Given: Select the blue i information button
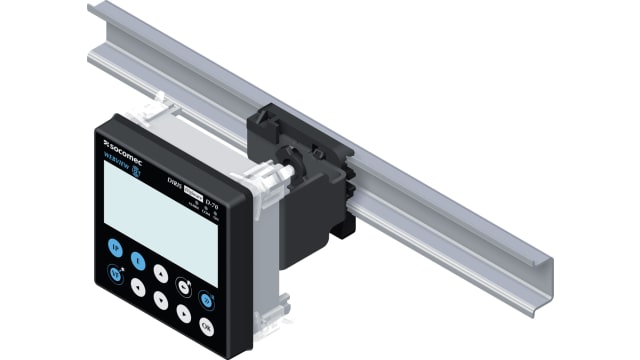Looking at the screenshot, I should [x=139, y=262].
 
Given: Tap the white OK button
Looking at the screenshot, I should [x=207, y=326].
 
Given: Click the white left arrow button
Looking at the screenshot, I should [x=138, y=290].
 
